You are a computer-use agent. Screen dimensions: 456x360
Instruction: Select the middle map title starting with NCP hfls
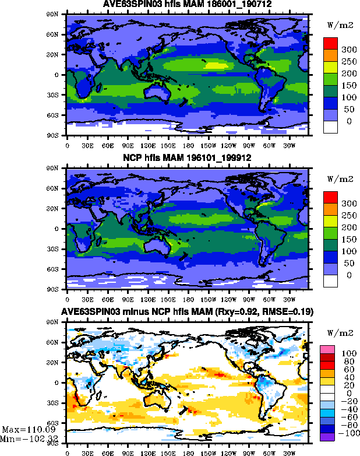click(187, 159)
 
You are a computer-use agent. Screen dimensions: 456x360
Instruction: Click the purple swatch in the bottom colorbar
click(327, 436)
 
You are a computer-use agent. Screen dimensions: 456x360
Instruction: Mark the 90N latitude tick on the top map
click(58, 14)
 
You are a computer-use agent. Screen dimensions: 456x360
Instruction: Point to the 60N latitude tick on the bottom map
click(58, 342)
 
